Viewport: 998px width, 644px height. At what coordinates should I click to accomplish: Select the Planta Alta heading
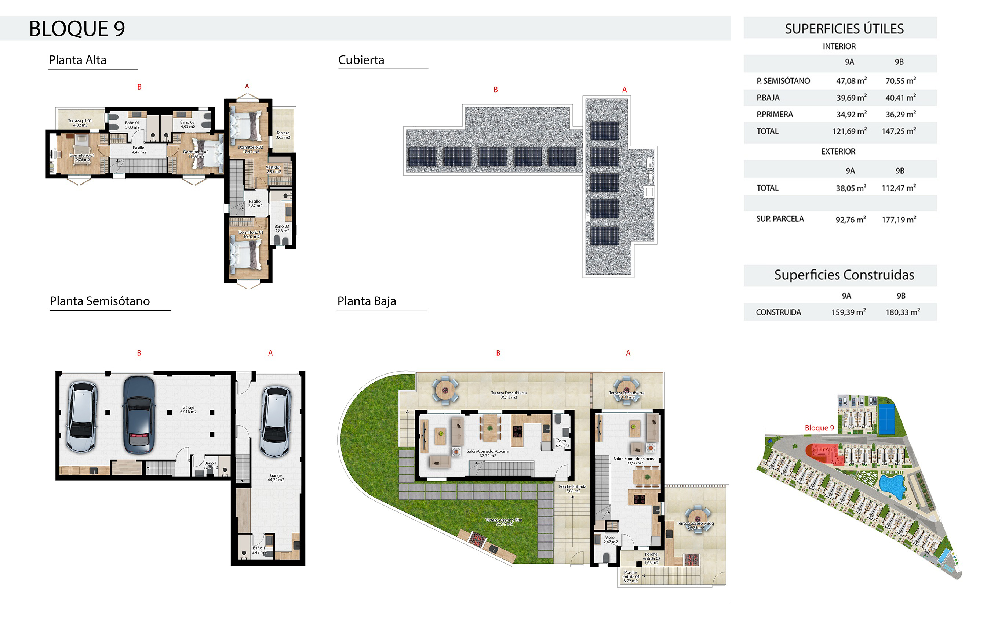click(78, 60)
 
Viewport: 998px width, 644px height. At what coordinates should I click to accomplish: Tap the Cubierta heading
click(361, 60)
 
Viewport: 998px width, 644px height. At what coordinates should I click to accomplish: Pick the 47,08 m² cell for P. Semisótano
click(851, 81)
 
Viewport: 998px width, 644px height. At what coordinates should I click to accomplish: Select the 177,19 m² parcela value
click(899, 220)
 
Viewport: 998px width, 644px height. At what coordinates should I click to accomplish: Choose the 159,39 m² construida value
click(848, 312)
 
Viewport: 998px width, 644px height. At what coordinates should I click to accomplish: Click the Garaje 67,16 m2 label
click(188, 409)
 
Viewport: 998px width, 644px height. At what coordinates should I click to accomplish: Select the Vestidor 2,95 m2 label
click(274, 169)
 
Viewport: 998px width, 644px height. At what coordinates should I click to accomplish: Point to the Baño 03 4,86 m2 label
click(282, 228)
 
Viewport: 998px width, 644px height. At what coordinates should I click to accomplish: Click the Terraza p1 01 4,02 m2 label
click(80, 123)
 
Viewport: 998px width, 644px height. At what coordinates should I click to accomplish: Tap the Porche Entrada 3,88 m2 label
click(572, 488)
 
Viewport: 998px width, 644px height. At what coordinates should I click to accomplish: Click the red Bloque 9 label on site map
click(819, 428)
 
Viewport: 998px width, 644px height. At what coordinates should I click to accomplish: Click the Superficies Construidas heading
click(844, 275)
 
